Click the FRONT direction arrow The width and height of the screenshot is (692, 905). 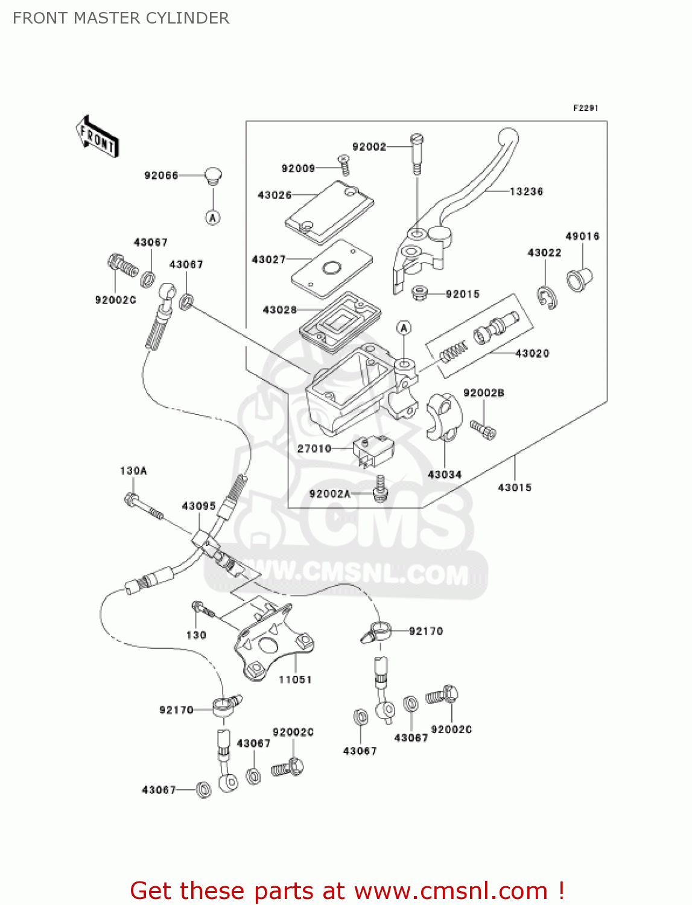coord(97,137)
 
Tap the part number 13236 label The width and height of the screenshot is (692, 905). coord(526,192)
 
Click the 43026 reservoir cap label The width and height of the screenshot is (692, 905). coord(275,195)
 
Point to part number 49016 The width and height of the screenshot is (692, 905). coord(582,237)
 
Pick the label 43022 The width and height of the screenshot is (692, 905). coord(544,253)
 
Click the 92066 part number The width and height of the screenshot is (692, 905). coord(161,176)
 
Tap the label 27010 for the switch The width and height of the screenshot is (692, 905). coord(314,449)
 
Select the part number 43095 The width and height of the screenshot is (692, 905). coord(199,506)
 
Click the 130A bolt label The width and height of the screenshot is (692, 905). coord(133,471)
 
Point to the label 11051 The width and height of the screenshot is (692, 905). coord(295,680)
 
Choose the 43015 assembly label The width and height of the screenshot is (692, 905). coord(515,487)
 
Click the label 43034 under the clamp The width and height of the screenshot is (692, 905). coord(445,475)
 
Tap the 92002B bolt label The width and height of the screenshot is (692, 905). coord(484,393)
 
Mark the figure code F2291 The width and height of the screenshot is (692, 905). coord(585,108)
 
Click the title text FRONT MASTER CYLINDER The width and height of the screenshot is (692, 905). coord(121,18)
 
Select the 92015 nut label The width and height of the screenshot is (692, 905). coord(463,294)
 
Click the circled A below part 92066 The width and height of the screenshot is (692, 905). coord(213,218)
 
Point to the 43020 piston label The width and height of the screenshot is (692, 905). coord(532,354)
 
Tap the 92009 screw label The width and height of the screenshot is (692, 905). coord(298,169)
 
